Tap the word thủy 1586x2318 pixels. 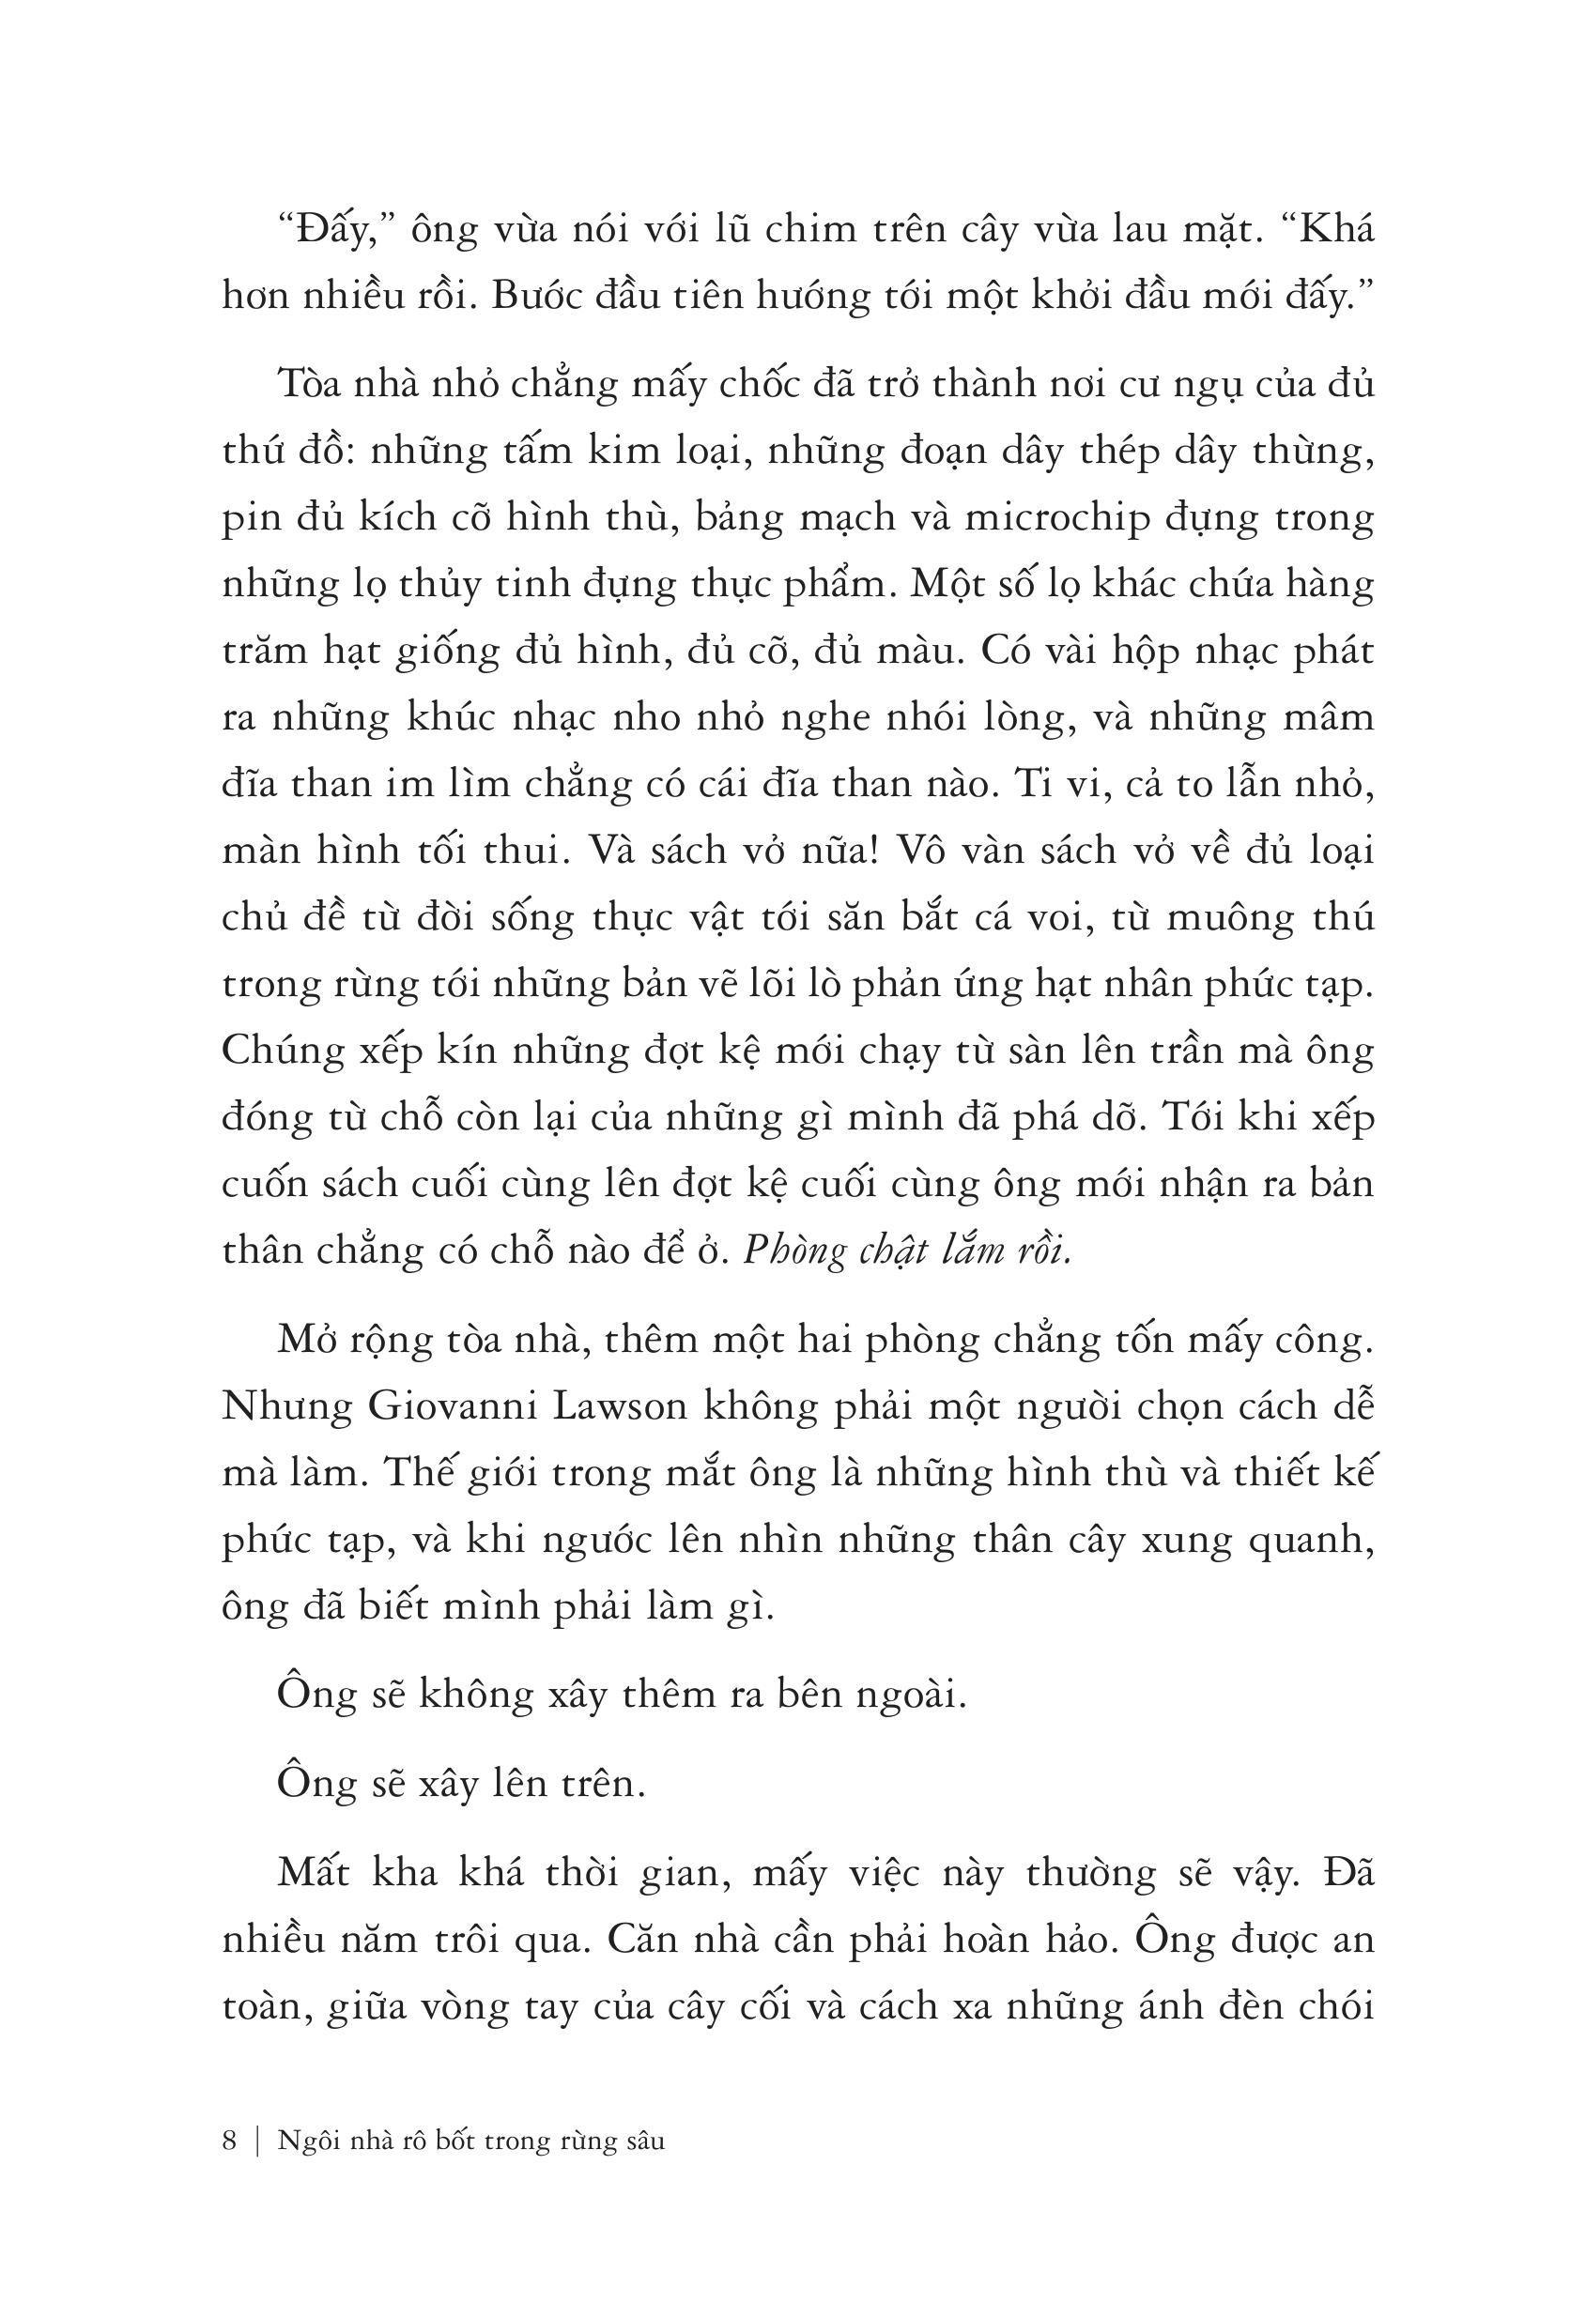tap(436, 585)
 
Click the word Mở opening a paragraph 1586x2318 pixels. tap(309, 1340)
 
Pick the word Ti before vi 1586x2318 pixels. tap(1031, 785)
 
